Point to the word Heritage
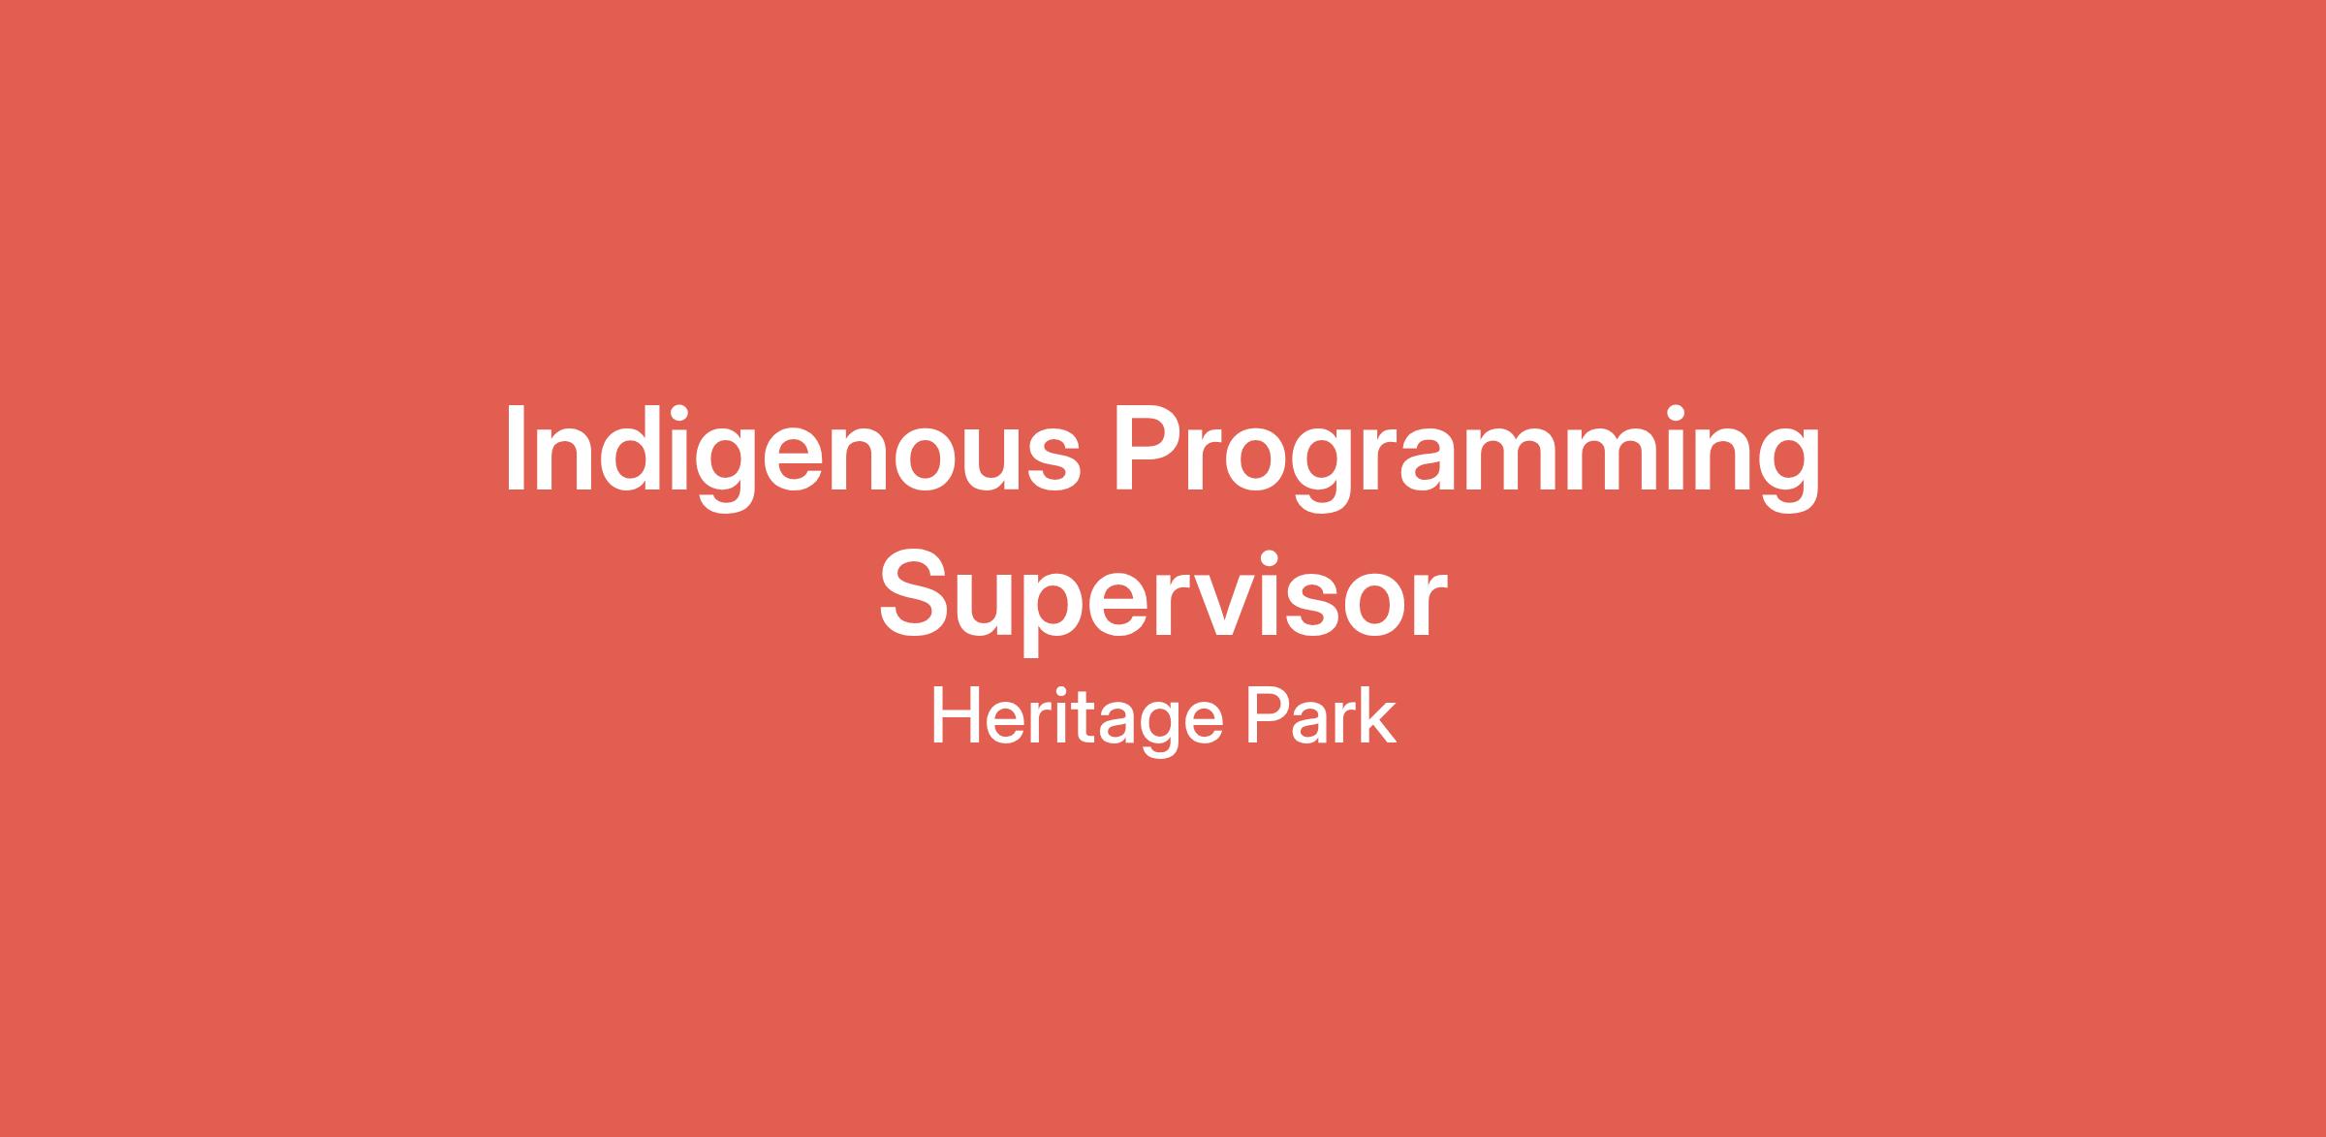coord(1075,723)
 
